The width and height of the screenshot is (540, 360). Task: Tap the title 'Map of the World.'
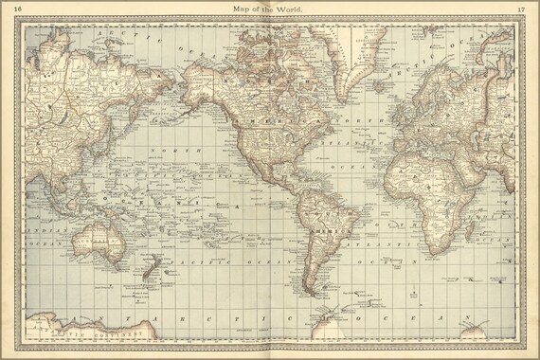pyautogui.click(x=269, y=9)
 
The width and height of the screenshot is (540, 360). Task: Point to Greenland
pyautogui.click(x=365, y=57)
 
